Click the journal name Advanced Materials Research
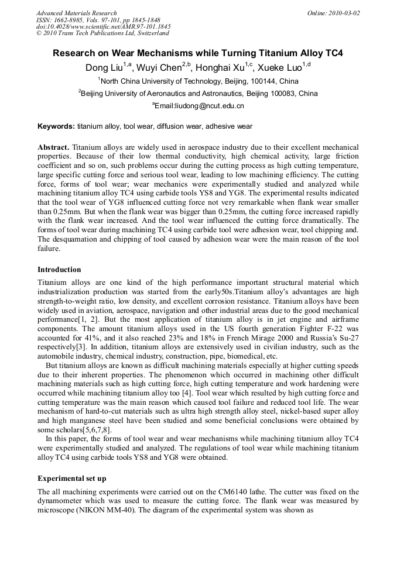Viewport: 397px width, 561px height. (x=76, y=13)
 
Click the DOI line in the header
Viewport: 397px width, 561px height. (x=103, y=27)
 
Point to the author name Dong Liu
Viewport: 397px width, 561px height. (x=104, y=67)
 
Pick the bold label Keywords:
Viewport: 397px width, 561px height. (x=56, y=126)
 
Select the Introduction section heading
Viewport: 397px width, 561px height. (x=59, y=270)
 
